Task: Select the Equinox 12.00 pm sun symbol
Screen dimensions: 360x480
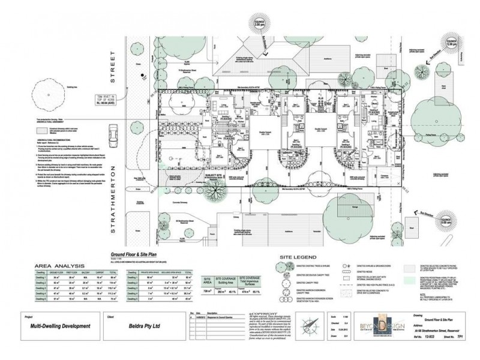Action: tap(452, 44)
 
